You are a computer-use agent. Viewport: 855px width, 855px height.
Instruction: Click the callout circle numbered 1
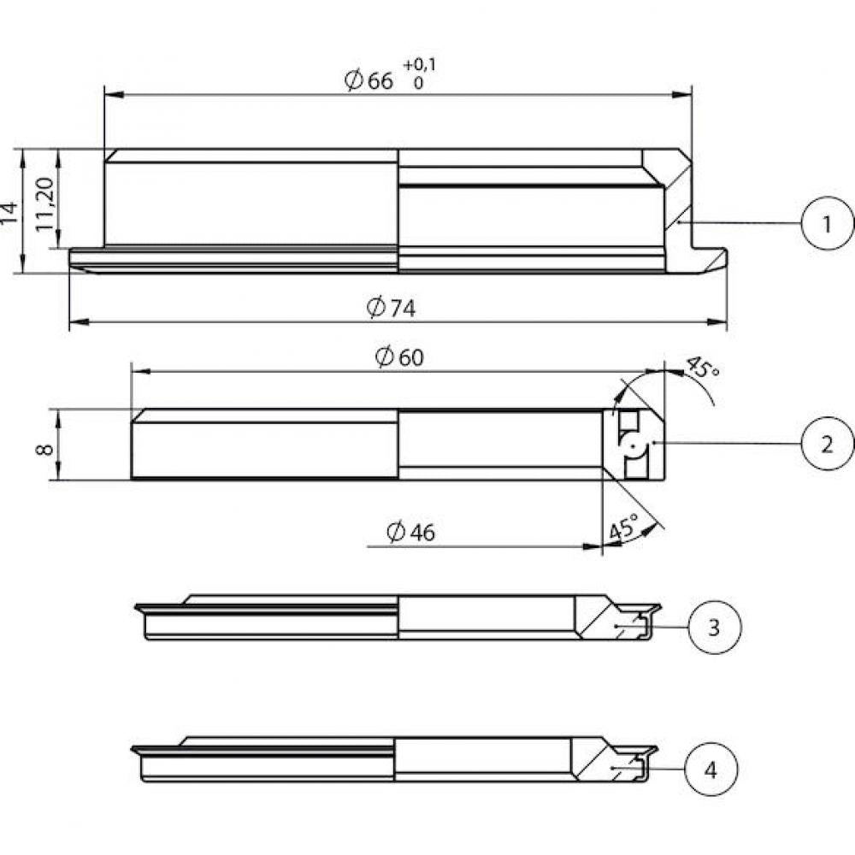828,223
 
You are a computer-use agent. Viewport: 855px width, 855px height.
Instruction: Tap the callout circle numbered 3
714,627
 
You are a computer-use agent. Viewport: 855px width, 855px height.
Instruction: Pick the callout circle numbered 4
711,769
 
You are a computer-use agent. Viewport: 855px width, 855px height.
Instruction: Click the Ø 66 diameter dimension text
369,80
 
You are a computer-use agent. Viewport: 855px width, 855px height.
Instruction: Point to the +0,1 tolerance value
419,66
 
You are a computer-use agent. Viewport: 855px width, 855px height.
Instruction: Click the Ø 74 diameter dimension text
391,308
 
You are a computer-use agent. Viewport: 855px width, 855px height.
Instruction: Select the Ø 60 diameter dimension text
399,357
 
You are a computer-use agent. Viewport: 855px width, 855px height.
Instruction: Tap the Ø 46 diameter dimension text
410,532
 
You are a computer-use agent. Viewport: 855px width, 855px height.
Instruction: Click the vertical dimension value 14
9,212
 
